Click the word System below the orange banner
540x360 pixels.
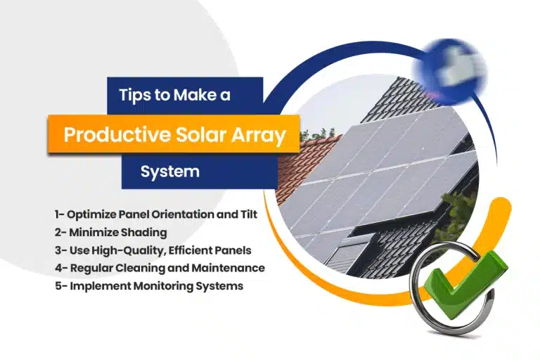click(169, 171)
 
